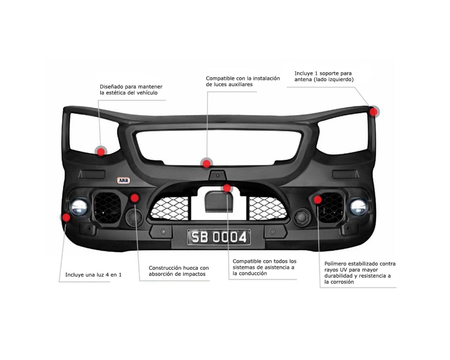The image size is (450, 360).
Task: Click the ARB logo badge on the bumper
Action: coord(123,180)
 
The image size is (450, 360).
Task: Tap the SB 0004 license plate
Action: coord(219,237)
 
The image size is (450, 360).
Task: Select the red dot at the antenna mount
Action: coord(374,111)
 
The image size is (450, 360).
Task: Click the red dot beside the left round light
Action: coord(67,217)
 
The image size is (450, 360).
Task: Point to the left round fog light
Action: coord(79,207)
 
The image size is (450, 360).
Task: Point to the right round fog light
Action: coord(359,207)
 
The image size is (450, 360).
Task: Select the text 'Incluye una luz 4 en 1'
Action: coord(93,274)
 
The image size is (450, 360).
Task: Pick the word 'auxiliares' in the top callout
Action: coord(240,85)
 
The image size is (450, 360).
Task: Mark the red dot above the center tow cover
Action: coord(227,188)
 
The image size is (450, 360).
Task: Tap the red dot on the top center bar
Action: coord(206,163)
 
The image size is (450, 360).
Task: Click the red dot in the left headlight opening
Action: coord(101,152)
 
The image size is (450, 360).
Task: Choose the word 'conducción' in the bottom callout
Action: coord(248,274)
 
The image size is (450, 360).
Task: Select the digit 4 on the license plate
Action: coord(243,237)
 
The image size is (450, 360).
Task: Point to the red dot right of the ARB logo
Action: coord(135,198)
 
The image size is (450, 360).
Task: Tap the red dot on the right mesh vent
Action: coord(318,199)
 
